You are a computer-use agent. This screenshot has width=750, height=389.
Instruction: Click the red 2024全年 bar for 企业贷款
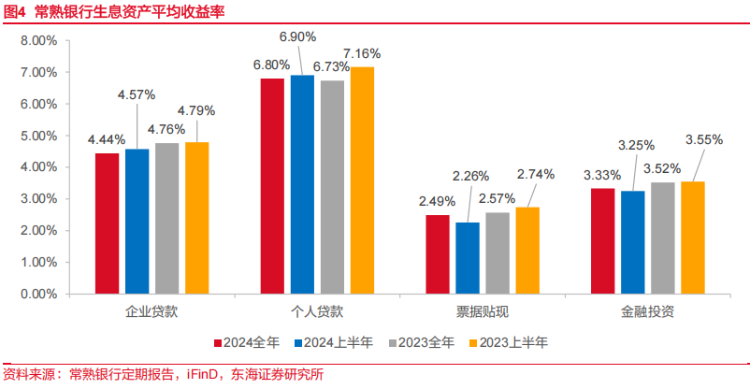[108, 223]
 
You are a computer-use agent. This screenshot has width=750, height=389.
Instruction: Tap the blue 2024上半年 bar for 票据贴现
[467, 258]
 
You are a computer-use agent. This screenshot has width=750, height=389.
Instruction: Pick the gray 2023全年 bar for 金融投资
[663, 238]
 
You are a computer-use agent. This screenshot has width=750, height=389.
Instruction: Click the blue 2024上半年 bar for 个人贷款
[302, 184]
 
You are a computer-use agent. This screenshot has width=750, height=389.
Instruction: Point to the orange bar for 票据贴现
[527, 251]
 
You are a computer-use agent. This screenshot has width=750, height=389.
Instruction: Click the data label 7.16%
[361, 52]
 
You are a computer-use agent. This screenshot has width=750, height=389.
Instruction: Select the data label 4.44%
[107, 139]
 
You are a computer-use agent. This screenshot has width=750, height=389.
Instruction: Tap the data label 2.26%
[469, 176]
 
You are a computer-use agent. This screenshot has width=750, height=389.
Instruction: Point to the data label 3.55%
[704, 139]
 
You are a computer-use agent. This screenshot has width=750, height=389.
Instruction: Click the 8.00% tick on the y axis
[38, 41]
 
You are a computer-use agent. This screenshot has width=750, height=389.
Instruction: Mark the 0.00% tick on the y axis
[38, 294]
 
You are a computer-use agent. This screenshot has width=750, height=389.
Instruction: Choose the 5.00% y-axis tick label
[38, 136]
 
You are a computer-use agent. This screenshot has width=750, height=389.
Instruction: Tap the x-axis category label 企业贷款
[152, 310]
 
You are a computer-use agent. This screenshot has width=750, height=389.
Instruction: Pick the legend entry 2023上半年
[509, 342]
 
